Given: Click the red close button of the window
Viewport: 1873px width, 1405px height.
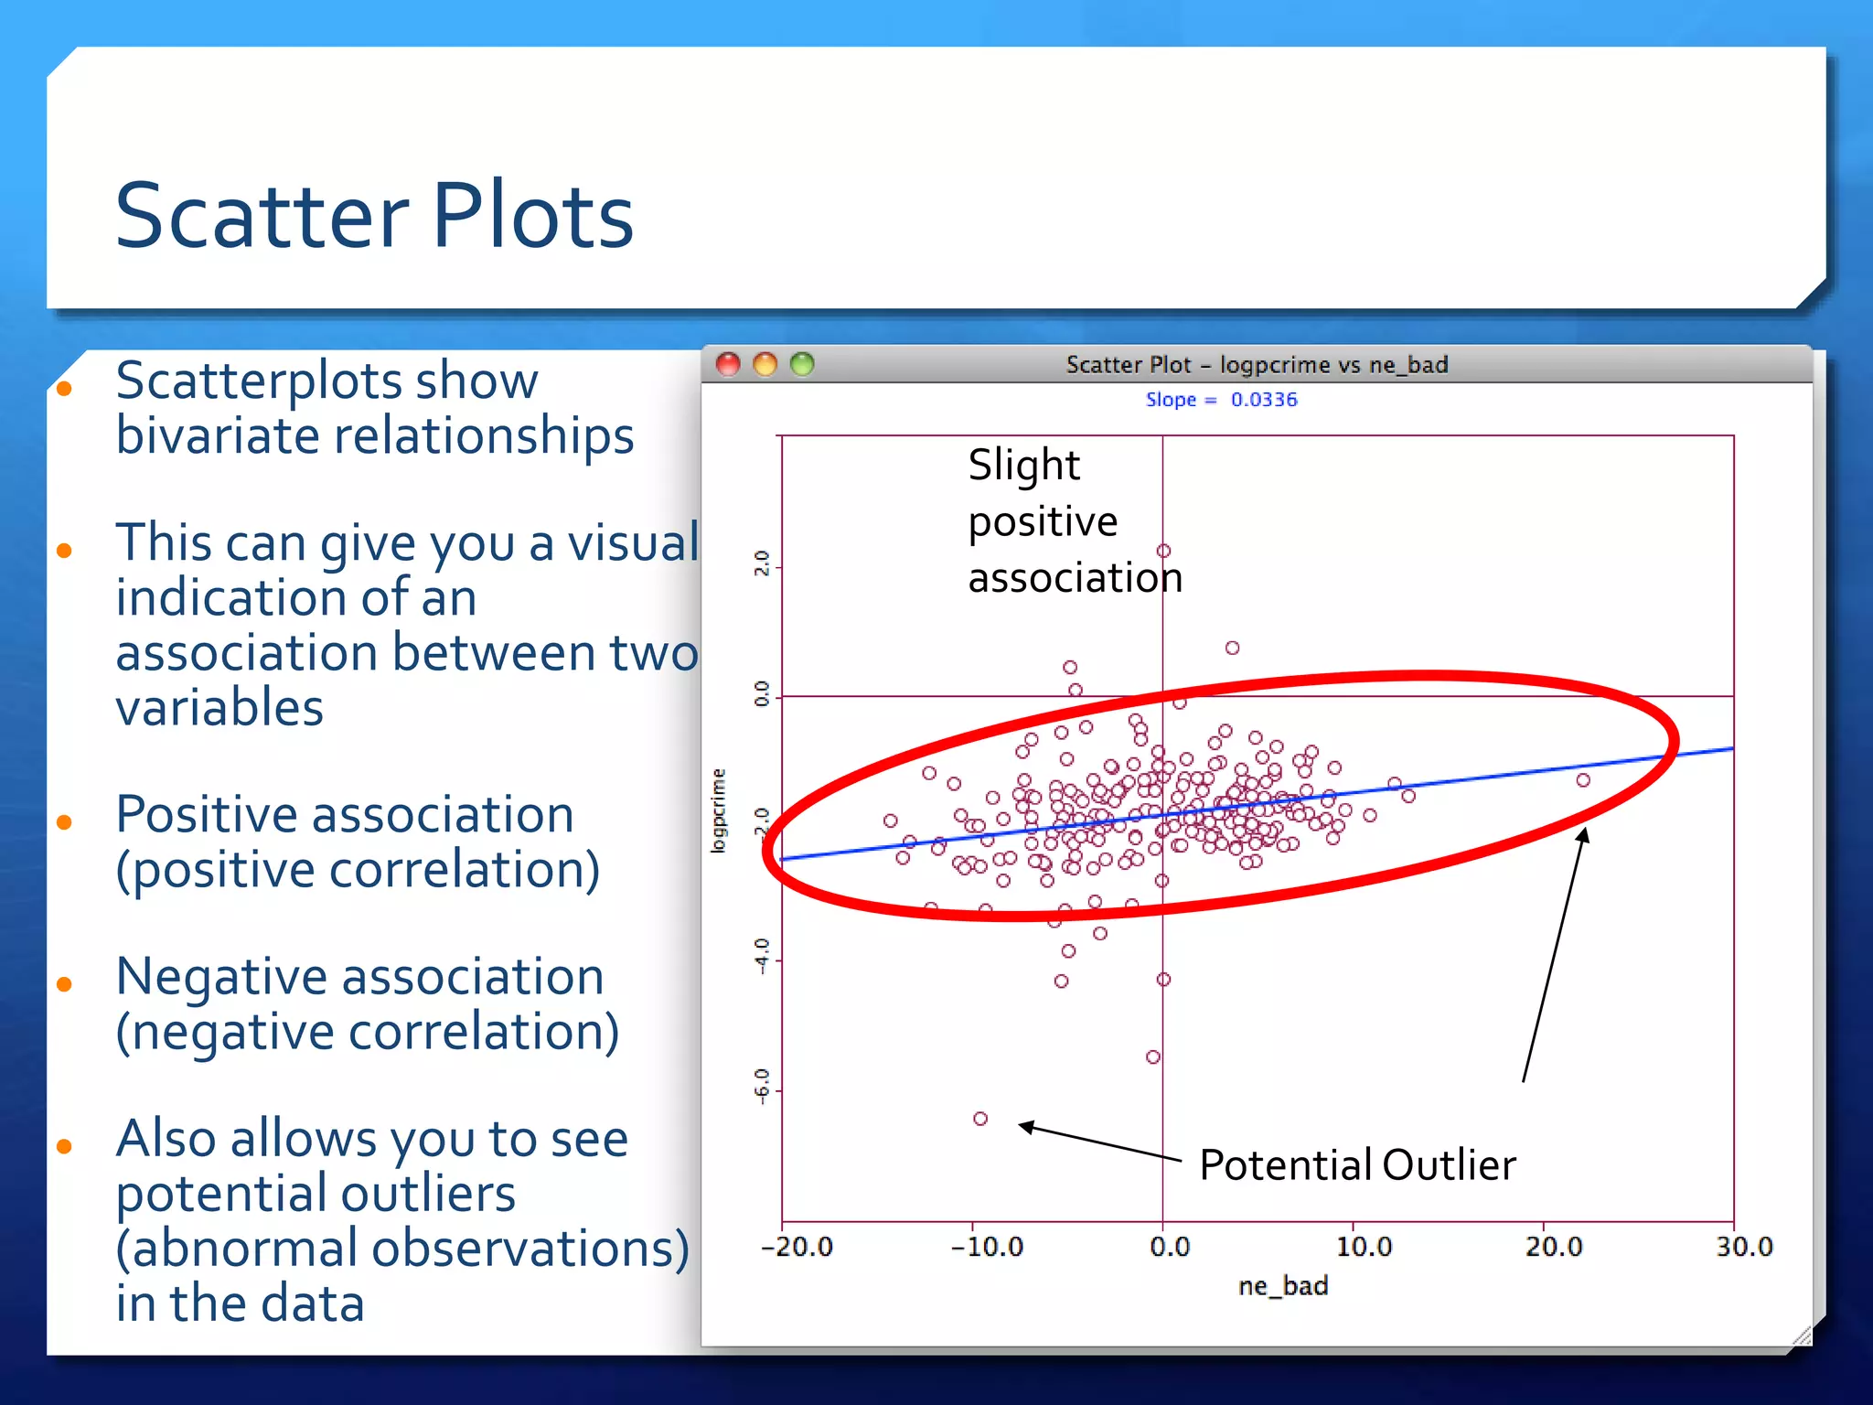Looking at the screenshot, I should [728, 364].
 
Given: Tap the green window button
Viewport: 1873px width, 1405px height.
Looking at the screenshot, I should [802, 364].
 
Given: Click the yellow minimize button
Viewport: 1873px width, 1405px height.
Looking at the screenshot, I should [765, 364].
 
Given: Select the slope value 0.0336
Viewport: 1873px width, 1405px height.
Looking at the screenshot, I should [1263, 400].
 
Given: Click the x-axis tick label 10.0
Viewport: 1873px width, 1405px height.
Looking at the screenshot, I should [1363, 1247].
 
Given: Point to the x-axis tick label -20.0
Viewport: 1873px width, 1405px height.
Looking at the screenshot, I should [797, 1247].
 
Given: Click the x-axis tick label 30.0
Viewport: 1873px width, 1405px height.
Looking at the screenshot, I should [1744, 1247].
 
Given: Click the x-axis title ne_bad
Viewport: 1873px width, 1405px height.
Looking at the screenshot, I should [1282, 1286].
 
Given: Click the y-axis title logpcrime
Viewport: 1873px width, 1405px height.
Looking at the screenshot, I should [719, 811].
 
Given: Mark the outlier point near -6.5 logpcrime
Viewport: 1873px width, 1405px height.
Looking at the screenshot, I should [980, 1119].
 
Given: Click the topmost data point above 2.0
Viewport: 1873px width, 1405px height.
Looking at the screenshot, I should [1163, 551].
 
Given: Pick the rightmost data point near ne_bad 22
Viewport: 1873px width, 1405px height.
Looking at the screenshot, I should [1583, 780].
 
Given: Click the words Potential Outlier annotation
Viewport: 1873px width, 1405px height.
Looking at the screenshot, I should [1357, 1165].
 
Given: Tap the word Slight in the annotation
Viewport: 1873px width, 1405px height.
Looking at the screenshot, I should [1023, 466].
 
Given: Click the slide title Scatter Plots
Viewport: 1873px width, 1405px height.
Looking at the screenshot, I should [374, 216].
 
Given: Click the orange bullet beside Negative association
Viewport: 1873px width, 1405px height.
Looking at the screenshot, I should [64, 984].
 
